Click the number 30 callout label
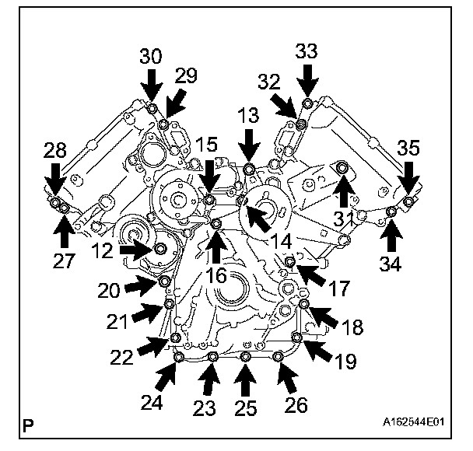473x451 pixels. (x=152, y=56)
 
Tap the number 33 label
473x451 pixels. (x=308, y=52)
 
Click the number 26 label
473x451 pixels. (x=296, y=404)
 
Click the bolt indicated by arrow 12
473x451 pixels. (x=159, y=249)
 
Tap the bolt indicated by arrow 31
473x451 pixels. (x=342, y=166)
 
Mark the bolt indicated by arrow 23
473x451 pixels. (x=212, y=356)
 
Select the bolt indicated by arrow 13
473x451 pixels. (x=249, y=170)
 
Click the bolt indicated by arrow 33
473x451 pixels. (x=308, y=103)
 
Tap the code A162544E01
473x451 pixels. (x=412, y=424)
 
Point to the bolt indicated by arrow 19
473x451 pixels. (x=296, y=336)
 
